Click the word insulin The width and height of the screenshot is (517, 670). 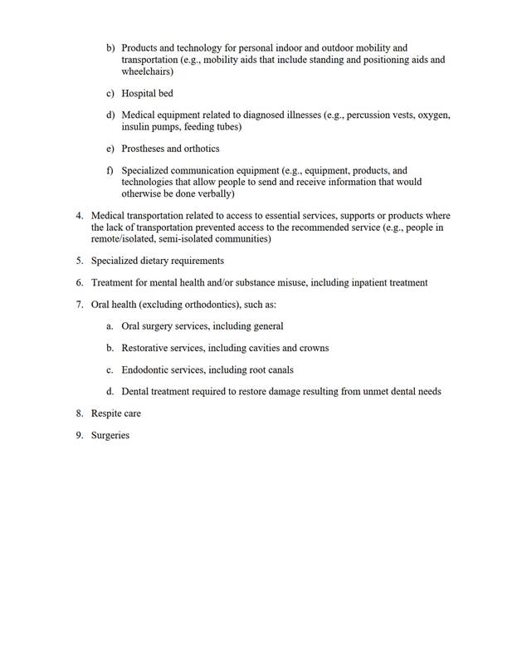point(135,127)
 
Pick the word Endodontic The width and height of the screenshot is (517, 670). point(147,369)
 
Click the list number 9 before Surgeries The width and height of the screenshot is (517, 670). point(79,435)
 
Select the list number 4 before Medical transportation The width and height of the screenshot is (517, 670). point(79,216)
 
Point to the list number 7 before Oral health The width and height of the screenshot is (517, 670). point(79,304)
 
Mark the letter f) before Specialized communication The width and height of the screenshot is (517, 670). point(110,171)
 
